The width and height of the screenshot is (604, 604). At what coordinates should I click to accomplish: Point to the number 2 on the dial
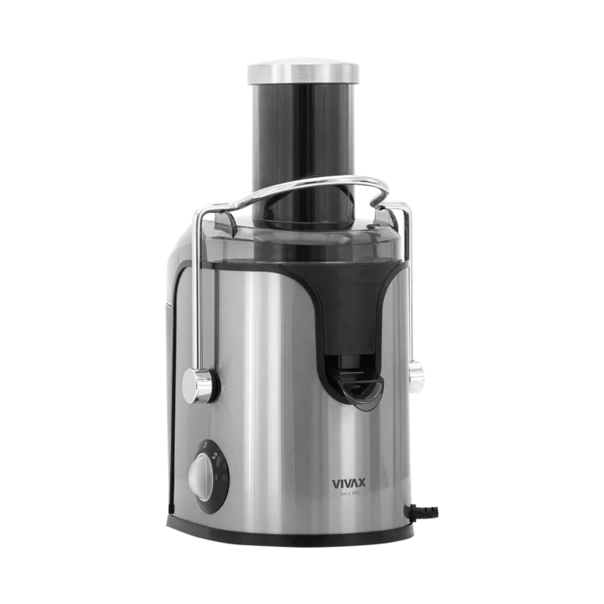tap(215, 456)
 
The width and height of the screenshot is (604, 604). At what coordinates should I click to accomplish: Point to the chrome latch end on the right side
tap(414, 371)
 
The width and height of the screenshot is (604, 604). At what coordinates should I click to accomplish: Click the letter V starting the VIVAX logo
tap(335, 482)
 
